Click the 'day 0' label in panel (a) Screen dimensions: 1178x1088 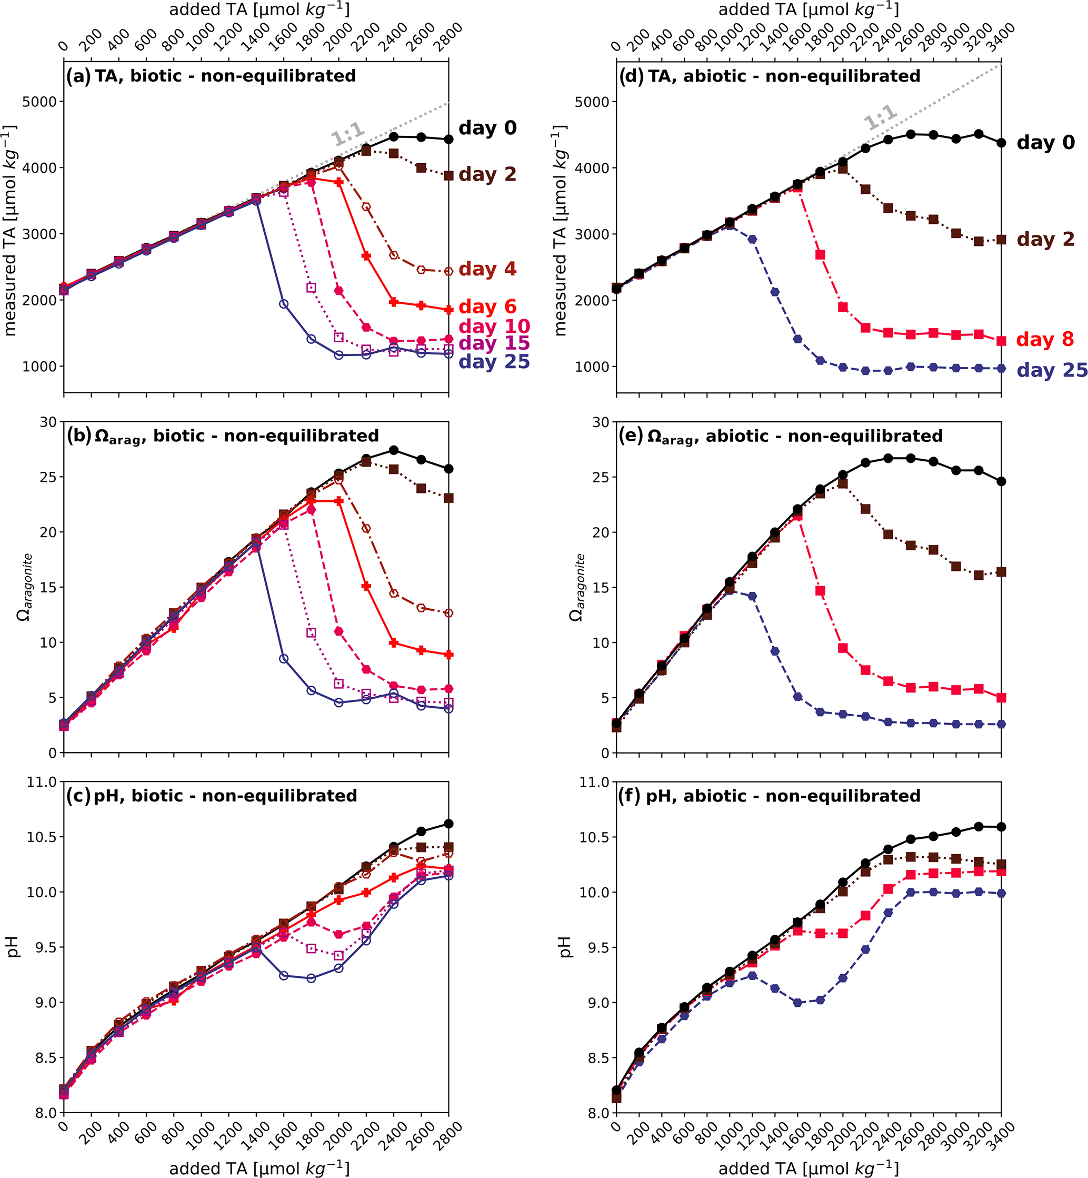coord(487,128)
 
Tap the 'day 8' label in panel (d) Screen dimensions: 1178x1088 coord(1045,339)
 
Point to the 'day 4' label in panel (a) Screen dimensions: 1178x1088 coord(487,269)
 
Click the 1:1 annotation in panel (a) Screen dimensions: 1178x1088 coord(348,134)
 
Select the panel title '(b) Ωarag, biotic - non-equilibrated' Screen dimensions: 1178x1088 coord(223,436)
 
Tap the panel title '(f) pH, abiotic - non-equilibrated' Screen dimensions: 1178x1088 coord(769,796)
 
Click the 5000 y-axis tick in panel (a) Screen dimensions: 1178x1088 coord(39,102)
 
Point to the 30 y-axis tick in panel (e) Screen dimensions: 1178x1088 coord(601,422)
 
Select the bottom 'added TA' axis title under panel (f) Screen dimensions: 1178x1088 coord(808,1168)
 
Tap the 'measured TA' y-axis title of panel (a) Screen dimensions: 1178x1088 coord(11,230)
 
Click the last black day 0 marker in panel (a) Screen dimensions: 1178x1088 coord(448,139)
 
